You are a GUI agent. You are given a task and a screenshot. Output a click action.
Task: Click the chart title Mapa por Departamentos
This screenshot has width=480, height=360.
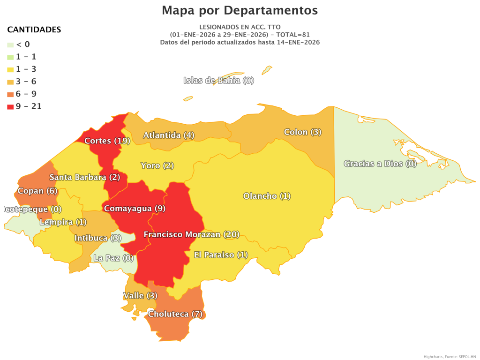(240, 10)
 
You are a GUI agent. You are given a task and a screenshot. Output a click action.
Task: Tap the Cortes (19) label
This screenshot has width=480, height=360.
(107, 141)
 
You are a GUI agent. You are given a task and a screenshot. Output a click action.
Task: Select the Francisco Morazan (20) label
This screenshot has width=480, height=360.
(191, 234)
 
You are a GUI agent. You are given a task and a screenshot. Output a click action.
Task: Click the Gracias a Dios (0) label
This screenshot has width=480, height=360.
(380, 164)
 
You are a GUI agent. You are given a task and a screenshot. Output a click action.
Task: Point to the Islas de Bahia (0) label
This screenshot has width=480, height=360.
(218, 80)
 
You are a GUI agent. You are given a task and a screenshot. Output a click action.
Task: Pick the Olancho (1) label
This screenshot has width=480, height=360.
(267, 196)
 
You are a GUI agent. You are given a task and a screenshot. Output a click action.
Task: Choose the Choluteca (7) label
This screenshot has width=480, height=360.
(175, 314)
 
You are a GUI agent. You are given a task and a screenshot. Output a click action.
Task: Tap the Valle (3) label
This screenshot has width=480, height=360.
(140, 295)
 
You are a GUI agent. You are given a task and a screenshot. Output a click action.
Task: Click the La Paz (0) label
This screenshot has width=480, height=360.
(113, 258)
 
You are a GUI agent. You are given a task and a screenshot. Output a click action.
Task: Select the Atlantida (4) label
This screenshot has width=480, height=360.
(169, 135)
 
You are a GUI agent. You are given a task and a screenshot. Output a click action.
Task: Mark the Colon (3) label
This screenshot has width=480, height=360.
(302, 132)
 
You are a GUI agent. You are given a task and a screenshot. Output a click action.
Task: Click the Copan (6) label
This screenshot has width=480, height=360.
(37, 191)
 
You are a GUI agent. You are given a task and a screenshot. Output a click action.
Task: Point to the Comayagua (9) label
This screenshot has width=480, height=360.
(135, 208)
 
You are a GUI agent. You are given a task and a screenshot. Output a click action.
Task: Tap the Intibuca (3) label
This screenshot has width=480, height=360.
(98, 238)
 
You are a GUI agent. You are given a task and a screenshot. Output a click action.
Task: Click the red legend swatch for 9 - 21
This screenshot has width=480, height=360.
(10, 106)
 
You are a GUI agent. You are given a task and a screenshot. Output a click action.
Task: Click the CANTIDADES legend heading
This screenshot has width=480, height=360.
(34, 30)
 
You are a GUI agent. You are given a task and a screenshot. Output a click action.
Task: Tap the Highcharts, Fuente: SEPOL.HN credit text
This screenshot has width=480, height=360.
(450, 357)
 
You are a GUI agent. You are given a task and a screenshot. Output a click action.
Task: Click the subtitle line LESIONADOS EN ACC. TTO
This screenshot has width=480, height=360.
(240, 27)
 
